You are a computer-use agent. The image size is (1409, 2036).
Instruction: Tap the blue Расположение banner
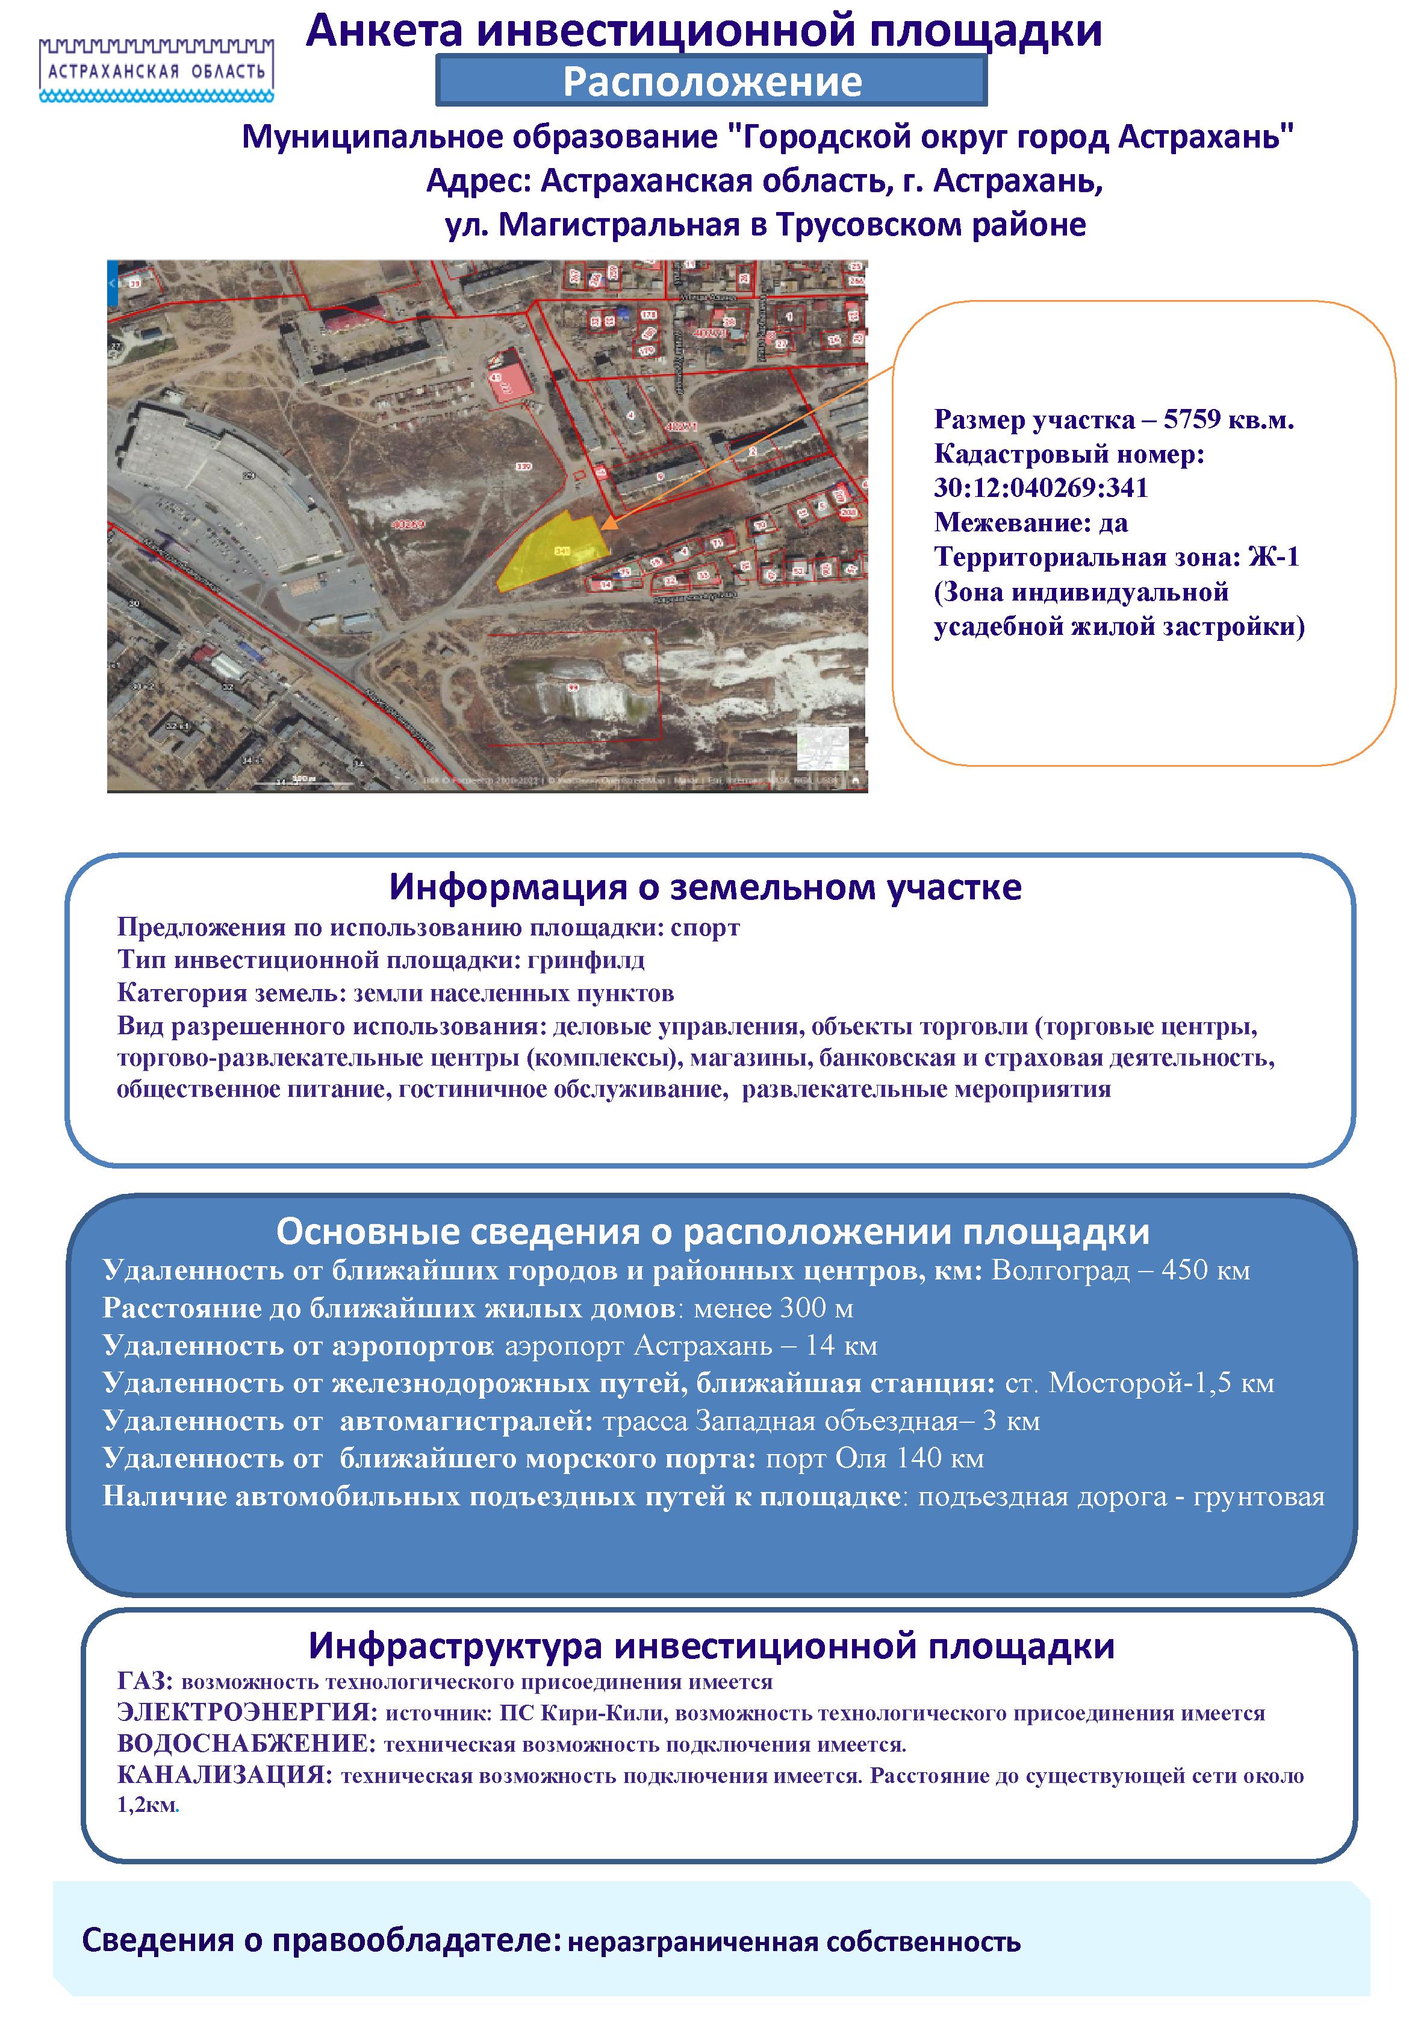[x=712, y=81]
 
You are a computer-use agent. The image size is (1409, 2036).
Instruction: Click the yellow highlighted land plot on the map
[x=553, y=552]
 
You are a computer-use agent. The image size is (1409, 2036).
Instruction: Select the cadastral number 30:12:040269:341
[x=1041, y=489]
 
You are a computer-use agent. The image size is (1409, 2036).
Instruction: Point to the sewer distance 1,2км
[x=146, y=1805]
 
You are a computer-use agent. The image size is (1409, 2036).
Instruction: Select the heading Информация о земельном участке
[x=704, y=887]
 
